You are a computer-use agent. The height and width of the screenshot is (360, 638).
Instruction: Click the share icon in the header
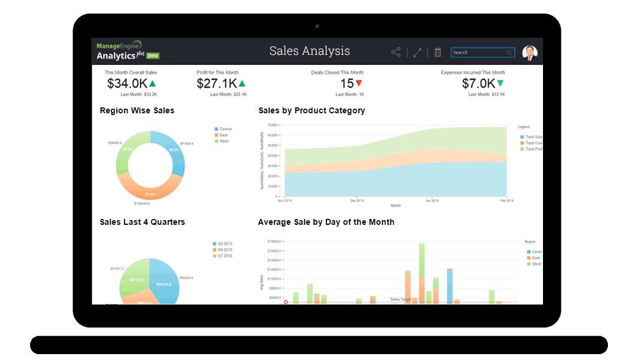tap(395, 53)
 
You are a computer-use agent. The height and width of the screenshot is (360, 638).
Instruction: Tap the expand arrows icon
tap(417, 53)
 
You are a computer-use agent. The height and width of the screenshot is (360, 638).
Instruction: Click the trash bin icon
tap(438, 53)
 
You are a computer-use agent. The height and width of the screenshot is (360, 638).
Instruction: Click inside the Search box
tap(478, 53)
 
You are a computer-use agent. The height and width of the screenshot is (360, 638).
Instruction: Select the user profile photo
tap(529, 53)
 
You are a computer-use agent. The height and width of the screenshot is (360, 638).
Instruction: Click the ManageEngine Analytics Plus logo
tap(127, 51)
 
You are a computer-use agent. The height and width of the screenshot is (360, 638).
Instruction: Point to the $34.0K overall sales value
tap(126, 84)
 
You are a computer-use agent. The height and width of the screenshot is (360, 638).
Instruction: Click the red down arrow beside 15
tap(359, 83)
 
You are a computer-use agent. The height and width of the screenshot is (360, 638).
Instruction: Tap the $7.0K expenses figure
tap(477, 84)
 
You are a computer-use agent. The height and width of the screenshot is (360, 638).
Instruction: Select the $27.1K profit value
tap(217, 84)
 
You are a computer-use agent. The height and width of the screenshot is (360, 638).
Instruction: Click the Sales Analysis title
tap(309, 51)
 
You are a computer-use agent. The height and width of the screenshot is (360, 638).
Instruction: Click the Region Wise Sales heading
tap(137, 110)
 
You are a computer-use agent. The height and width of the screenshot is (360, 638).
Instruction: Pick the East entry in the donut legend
tap(224, 135)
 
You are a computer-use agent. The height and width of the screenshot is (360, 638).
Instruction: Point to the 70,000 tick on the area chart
tap(272, 125)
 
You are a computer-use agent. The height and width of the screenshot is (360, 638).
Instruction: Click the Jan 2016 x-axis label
tap(432, 201)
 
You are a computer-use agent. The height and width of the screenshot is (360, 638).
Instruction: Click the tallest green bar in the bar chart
tap(422, 260)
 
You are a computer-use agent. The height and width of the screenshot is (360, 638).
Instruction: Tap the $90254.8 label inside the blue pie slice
tap(163, 284)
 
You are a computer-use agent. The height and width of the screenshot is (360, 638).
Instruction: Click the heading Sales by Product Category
tap(312, 110)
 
